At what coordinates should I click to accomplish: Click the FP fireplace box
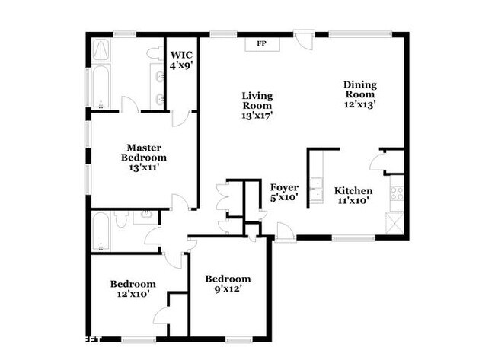(261, 44)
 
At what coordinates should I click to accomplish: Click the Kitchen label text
(354, 190)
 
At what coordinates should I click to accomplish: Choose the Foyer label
(284, 186)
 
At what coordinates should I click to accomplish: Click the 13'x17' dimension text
(257, 116)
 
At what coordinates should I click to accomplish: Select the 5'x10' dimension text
(284, 197)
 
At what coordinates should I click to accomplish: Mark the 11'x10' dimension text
(354, 201)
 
